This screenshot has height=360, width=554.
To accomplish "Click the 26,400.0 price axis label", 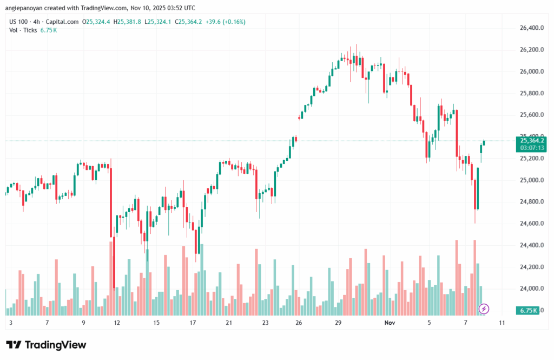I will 530,28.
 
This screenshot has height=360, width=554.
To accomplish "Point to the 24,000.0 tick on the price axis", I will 530,289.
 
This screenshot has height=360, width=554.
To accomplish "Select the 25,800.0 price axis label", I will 530,93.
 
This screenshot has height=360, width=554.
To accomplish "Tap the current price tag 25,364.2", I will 524,140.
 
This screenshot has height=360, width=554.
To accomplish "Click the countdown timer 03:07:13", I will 524,147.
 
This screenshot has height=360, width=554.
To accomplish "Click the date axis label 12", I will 117,323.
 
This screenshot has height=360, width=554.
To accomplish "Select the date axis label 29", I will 338,323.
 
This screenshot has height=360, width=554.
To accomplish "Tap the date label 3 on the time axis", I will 11,323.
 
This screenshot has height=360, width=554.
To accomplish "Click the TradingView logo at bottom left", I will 46,345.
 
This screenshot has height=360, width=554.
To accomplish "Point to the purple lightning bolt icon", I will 484,309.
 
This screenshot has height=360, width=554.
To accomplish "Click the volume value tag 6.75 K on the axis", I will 527,310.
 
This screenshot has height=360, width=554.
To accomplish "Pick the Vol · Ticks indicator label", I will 23,30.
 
